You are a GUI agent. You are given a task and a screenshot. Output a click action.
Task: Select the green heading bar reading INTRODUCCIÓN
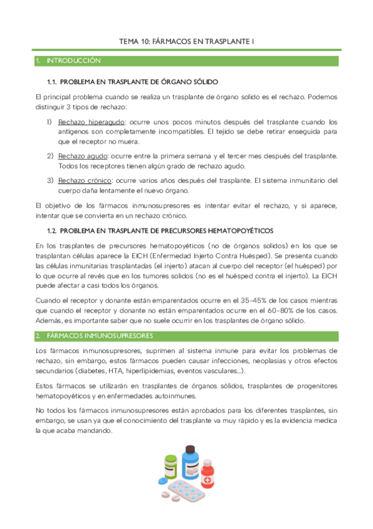187,61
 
